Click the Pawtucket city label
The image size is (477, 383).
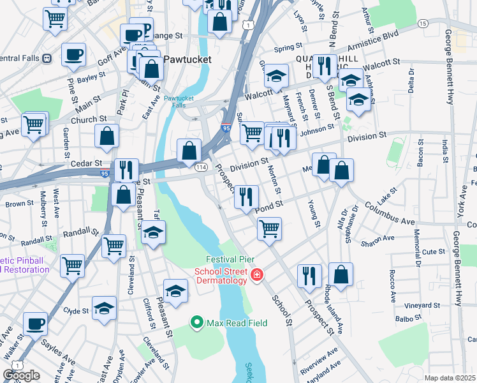point(186,59)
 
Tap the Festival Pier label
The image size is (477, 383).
point(230,260)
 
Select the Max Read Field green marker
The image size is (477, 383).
point(197,323)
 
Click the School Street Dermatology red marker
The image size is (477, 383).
point(256,275)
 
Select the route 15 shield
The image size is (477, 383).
point(423,23)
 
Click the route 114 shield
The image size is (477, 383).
point(201,167)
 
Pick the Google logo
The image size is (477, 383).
point(21,375)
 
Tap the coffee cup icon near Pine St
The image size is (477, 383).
point(73,54)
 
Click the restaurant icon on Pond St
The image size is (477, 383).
point(246,195)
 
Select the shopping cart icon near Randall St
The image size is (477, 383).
point(114,244)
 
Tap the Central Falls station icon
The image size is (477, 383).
point(47,58)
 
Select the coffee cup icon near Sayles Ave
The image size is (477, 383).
point(35,323)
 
